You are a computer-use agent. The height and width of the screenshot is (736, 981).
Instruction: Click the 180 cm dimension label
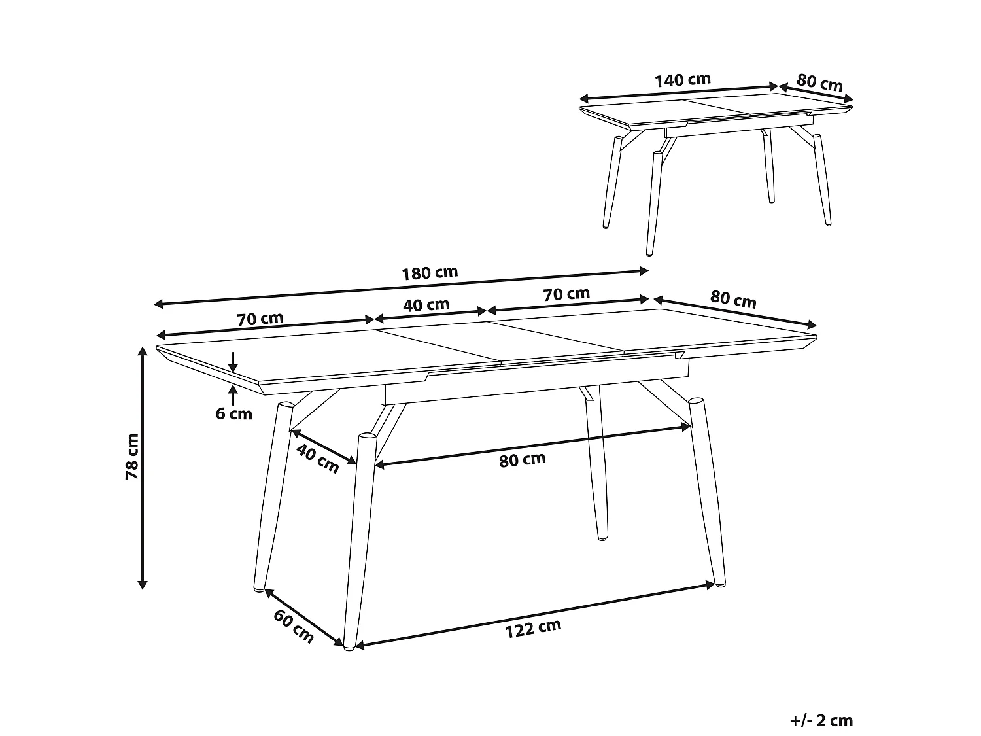[x=429, y=272]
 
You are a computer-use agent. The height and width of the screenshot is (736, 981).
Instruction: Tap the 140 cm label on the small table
[x=682, y=80]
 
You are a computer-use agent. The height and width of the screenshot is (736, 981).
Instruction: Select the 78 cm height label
[x=133, y=456]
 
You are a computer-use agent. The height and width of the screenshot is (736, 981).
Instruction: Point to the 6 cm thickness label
[x=233, y=413]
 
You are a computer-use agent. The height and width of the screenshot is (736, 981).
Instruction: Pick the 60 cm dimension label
[x=294, y=625]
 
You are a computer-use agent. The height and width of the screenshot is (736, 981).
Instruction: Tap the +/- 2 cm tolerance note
[x=821, y=721]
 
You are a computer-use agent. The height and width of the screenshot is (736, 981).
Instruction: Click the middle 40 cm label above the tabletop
[x=426, y=305]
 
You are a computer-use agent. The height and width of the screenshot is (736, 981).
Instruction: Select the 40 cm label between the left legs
[x=317, y=457]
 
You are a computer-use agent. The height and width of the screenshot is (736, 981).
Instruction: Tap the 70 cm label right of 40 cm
[x=566, y=294]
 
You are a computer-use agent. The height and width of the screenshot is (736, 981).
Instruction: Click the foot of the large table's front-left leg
[x=350, y=648]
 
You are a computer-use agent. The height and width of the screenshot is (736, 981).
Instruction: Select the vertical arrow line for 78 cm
[x=141, y=467]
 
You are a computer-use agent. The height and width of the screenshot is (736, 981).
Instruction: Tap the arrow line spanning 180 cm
[x=400, y=287]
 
